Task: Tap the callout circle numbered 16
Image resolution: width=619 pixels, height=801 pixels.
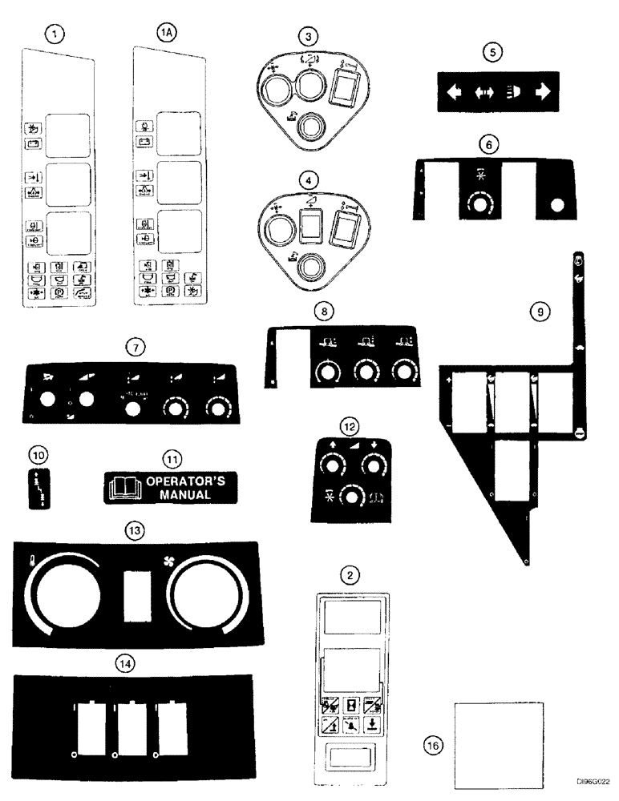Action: (x=432, y=744)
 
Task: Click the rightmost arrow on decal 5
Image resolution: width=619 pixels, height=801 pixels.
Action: (x=544, y=91)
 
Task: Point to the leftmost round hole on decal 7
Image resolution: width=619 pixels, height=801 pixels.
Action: (x=45, y=401)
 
